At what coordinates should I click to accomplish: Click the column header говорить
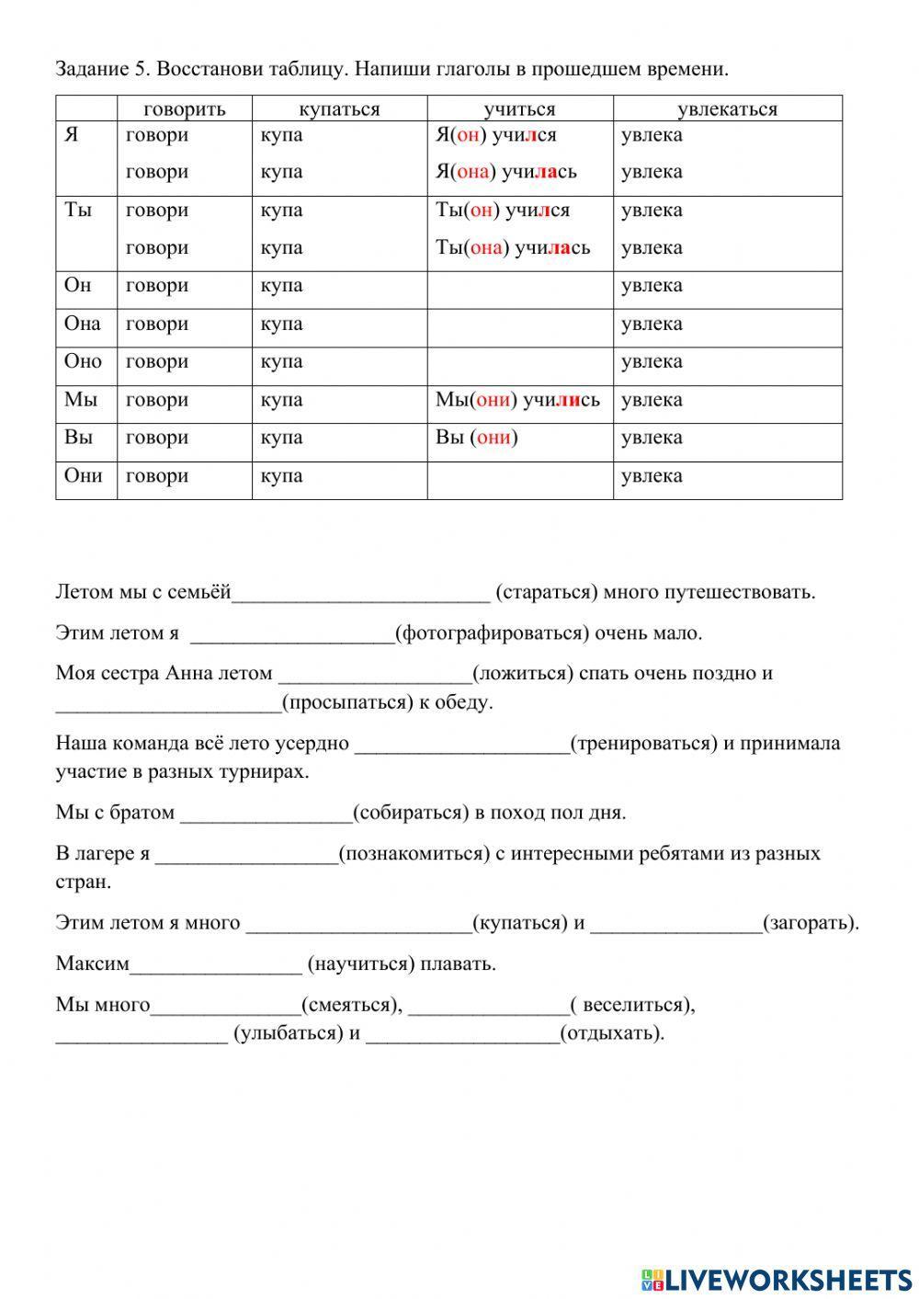click(x=184, y=108)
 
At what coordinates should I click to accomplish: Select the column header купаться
click(x=339, y=108)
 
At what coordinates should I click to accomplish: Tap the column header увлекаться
click(x=727, y=108)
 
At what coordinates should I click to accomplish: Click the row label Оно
click(x=83, y=361)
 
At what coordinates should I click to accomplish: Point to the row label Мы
click(x=80, y=400)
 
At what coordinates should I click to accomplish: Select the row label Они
click(x=83, y=475)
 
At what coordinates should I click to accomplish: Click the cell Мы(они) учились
click(x=517, y=400)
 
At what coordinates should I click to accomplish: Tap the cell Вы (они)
click(x=477, y=438)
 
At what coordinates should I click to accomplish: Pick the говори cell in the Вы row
click(x=157, y=438)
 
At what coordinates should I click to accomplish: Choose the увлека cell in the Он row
click(x=652, y=286)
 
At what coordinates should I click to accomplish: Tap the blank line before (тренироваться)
click(x=461, y=745)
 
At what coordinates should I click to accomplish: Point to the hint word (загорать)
click(x=811, y=923)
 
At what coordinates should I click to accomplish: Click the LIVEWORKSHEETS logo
click(x=777, y=1279)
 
